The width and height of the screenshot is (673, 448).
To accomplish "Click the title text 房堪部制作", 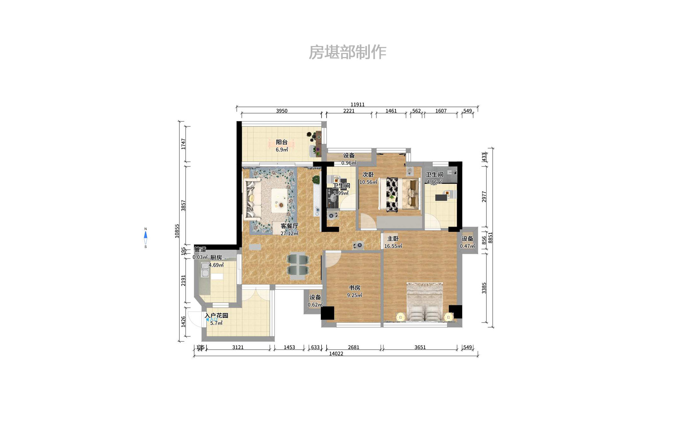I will (347, 52).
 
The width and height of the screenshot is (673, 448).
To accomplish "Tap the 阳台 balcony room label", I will (281, 142).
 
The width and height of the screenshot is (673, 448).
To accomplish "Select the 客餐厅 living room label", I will (289, 226).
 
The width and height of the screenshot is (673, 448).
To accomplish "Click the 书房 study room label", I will (354, 288).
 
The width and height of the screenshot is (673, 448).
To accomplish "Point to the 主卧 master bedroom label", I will (393, 239).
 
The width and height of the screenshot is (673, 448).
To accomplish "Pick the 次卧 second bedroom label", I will (368, 175).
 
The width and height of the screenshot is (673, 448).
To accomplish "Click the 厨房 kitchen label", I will (216, 258).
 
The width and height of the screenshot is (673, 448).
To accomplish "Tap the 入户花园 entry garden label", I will (216, 316).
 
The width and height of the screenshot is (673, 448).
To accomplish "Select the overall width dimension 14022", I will (336, 354).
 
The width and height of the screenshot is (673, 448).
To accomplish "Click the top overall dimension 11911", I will (357, 105).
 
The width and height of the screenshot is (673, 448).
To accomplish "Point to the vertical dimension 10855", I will (177, 231).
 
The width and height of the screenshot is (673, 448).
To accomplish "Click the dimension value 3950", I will (281, 111).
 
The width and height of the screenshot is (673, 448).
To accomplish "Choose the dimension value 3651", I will (420, 347).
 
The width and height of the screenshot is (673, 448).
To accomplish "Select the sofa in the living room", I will (252, 199).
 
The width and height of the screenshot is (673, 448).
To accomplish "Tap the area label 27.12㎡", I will (289, 234).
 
